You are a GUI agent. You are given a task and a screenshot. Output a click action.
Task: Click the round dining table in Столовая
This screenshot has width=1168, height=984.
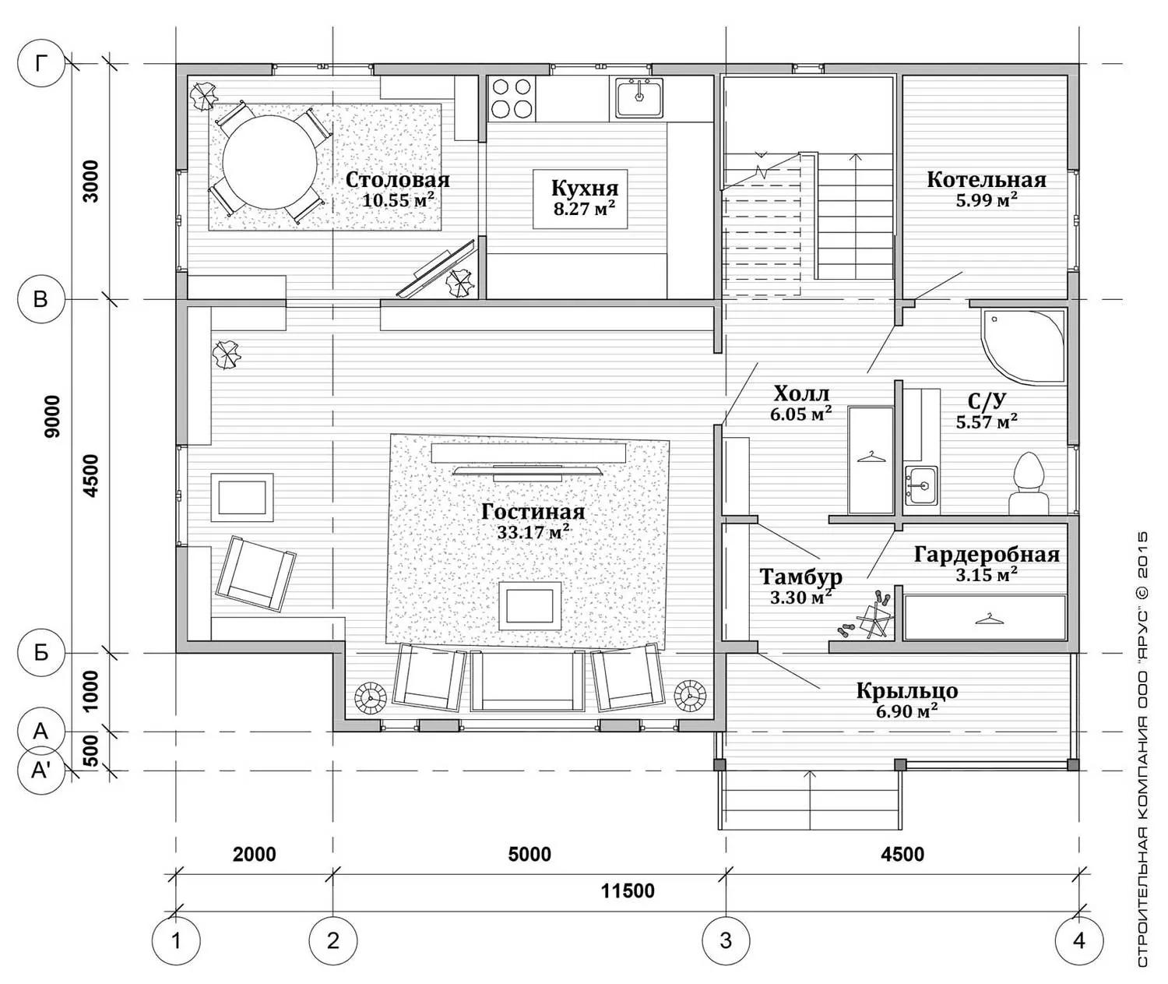tap(269, 162)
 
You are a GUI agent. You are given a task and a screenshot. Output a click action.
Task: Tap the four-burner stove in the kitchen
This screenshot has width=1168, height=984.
tap(511, 97)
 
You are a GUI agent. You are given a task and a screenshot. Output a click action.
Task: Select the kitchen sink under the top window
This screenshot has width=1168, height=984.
tap(639, 97)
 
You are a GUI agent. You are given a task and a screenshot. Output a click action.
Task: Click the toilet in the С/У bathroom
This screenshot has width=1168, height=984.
tap(1028, 484)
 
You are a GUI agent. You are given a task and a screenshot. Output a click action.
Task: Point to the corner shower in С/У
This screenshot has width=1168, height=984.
tap(1023, 347)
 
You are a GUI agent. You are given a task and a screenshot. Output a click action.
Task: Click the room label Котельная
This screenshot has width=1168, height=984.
tap(987, 180)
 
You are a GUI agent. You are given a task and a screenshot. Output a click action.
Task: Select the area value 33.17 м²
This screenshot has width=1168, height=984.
tap(533, 531)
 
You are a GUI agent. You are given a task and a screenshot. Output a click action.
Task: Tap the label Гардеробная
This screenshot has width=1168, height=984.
tap(987, 554)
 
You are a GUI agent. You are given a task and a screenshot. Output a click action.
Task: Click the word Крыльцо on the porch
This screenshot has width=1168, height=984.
tap(907, 691)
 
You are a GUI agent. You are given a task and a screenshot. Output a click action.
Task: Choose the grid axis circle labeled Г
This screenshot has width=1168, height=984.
tap(40, 64)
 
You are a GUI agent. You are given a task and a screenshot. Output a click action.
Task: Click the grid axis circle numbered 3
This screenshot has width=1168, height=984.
tap(726, 940)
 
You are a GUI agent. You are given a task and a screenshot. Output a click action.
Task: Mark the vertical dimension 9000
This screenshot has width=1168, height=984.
tap(52, 417)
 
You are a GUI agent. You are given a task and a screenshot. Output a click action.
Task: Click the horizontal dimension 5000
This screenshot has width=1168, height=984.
tap(529, 854)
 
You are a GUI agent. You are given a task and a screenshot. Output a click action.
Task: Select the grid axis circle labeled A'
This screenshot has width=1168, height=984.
tap(40, 771)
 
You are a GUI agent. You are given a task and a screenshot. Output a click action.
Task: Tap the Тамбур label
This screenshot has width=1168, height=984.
tap(800, 576)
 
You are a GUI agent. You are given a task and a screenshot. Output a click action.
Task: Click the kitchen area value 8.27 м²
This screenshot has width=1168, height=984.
tap(585, 209)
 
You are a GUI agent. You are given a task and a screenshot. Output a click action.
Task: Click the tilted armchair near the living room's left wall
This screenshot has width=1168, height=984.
tap(256, 573)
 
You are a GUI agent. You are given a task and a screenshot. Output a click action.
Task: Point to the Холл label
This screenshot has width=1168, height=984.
tap(801, 393)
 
